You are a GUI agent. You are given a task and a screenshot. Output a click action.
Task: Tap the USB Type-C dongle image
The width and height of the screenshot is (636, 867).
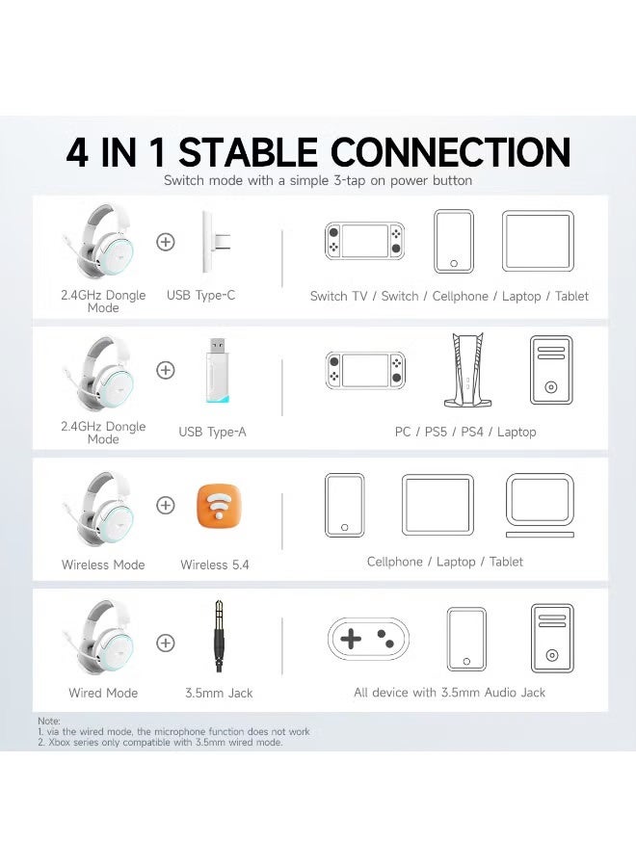pyautogui.click(x=213, y=241)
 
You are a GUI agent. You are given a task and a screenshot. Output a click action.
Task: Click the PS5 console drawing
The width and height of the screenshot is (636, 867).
pyautogui.click(x=465, y=370)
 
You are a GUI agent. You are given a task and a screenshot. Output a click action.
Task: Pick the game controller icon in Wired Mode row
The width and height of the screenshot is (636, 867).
pyautogui.click(x=368, y=638)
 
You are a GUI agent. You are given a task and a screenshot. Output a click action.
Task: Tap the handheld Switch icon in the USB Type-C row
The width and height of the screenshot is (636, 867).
pyautogui.click(x=363, y=241)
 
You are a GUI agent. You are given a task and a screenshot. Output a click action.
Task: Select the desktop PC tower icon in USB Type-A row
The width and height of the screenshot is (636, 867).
pyautogui.click(x=550, y=370)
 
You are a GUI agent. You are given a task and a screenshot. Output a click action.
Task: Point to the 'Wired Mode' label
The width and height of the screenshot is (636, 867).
pyautogui.click(x=103, y=693)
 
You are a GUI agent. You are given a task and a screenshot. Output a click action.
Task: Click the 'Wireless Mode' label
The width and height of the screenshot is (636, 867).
pyautogui.click(x=103, y=565)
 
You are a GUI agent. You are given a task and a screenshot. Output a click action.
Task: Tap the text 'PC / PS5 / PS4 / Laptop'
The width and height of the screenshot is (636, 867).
pyautogui.click(x=465, y=432)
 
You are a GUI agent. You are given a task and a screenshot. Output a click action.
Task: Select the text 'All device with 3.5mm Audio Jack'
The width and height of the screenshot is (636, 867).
pyautogui.click(x=449, y=693)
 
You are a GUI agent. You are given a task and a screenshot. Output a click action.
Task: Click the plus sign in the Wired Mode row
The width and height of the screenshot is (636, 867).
pyautogui.click(x=166, y=642)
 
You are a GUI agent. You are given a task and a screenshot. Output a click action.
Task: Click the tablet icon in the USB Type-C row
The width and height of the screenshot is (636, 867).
pyautogui.click(x=538, y=241)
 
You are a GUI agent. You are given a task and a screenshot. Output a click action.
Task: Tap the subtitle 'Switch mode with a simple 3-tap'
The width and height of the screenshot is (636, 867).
pyautogui.click(x=318, y=180)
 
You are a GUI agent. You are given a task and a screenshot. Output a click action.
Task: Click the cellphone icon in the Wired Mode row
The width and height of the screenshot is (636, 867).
pyautogui.click(x=466, y=638)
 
